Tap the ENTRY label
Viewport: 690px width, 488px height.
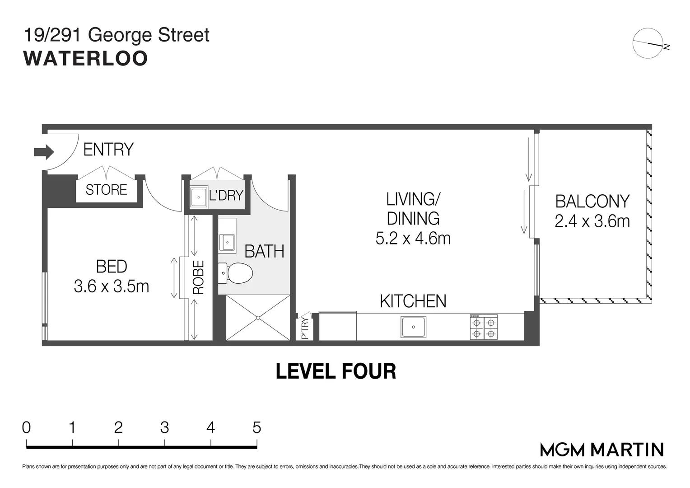[108, 150]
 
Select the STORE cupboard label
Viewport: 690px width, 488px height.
[106, 190]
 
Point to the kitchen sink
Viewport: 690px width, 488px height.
[413, 327]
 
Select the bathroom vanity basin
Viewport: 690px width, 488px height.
[227, 242]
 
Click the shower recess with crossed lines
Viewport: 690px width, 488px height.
[258, 318]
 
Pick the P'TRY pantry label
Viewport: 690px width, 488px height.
[305, 328]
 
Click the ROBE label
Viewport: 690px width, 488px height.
[199, 277]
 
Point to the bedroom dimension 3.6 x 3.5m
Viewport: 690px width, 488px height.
[112, 286]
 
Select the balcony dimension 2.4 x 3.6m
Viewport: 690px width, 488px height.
[592, 221]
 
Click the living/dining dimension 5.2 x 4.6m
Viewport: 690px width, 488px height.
[413, 238]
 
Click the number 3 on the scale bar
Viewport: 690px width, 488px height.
[164, 427]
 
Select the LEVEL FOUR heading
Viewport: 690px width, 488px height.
[336, 371]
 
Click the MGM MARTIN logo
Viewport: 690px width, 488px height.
[602, 450]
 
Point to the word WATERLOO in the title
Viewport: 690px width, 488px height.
[86, 59]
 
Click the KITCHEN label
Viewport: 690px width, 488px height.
[413, 301]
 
